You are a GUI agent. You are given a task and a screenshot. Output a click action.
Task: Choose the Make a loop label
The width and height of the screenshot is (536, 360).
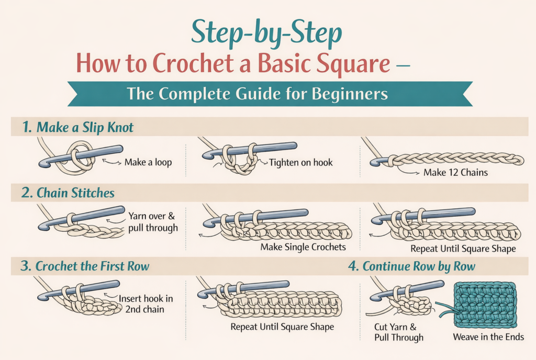148,162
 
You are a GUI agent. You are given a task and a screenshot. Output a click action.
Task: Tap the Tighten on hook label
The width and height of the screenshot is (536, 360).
300,162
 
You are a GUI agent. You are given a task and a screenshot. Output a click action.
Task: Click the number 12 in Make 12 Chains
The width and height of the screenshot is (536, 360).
441,172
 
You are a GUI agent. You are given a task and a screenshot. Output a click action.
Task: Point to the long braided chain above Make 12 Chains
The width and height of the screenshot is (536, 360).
455,159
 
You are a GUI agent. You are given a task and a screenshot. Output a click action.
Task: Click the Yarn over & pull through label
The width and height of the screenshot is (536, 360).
153,221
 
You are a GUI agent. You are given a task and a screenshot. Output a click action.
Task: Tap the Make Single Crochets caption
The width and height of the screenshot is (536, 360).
303,246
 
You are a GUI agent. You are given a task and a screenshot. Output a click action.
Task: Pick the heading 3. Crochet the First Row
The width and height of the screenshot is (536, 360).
85,266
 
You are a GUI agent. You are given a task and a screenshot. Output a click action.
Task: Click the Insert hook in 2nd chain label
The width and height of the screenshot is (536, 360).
146,303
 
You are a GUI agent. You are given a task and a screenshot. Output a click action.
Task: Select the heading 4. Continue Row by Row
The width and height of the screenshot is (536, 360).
411,266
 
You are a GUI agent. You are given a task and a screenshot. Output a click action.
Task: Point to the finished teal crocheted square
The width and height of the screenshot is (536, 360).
486,304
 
